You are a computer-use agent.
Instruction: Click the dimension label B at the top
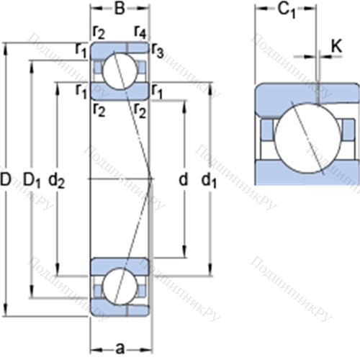[120, 9]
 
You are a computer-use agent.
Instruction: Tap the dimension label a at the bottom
[120, 349]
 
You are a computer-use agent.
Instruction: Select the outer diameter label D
[6, 179]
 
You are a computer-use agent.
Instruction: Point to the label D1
[32, 181]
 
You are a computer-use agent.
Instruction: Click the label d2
[57, 180]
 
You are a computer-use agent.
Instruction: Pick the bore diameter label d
[184, 179]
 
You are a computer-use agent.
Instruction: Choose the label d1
[209, 181]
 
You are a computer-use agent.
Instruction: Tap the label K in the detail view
[336, 45]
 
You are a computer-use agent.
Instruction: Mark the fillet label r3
[158, 51]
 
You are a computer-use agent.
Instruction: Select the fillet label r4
[140, 32]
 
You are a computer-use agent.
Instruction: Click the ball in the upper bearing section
[120, 71]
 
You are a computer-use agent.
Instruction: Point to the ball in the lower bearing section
[120, 287]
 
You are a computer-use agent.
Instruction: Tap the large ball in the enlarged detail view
[307, 138]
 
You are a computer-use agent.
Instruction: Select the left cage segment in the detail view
[267, 130]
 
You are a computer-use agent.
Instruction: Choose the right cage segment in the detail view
[348, 130]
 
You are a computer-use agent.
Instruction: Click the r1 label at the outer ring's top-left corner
[81, 51]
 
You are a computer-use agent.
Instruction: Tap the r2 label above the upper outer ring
[99, 32]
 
